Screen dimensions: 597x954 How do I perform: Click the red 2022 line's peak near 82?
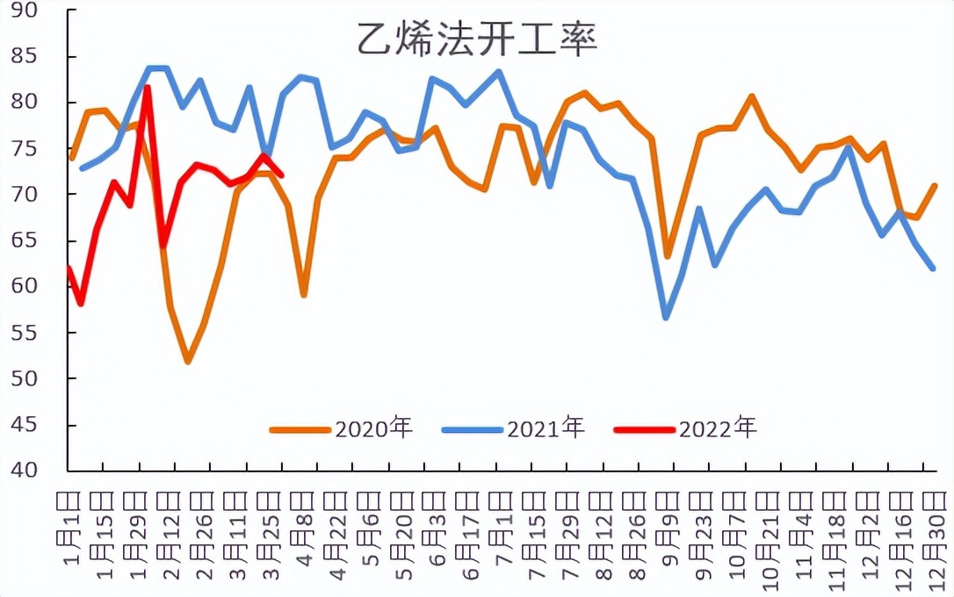coord(148,87)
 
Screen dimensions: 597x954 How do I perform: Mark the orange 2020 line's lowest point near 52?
coord(188,361)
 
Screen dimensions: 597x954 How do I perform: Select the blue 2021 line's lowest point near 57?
coord(667,317)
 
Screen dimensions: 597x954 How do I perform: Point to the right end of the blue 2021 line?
coord(932,268)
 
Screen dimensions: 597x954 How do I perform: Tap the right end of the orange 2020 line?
coord(934,185)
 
